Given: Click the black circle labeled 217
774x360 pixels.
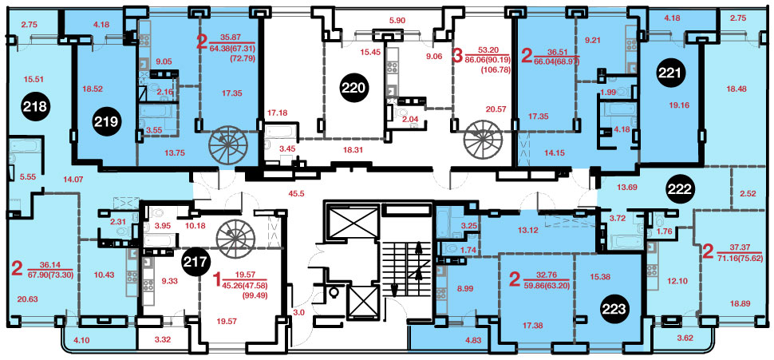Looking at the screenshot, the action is click(196, 260).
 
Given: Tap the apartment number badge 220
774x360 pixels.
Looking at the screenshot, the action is click(355, 89).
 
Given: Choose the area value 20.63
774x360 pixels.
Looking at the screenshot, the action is click(26, 299).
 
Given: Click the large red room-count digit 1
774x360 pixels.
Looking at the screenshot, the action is click(215, 281).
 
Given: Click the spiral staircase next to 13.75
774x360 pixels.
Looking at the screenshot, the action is click(226, 144).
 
